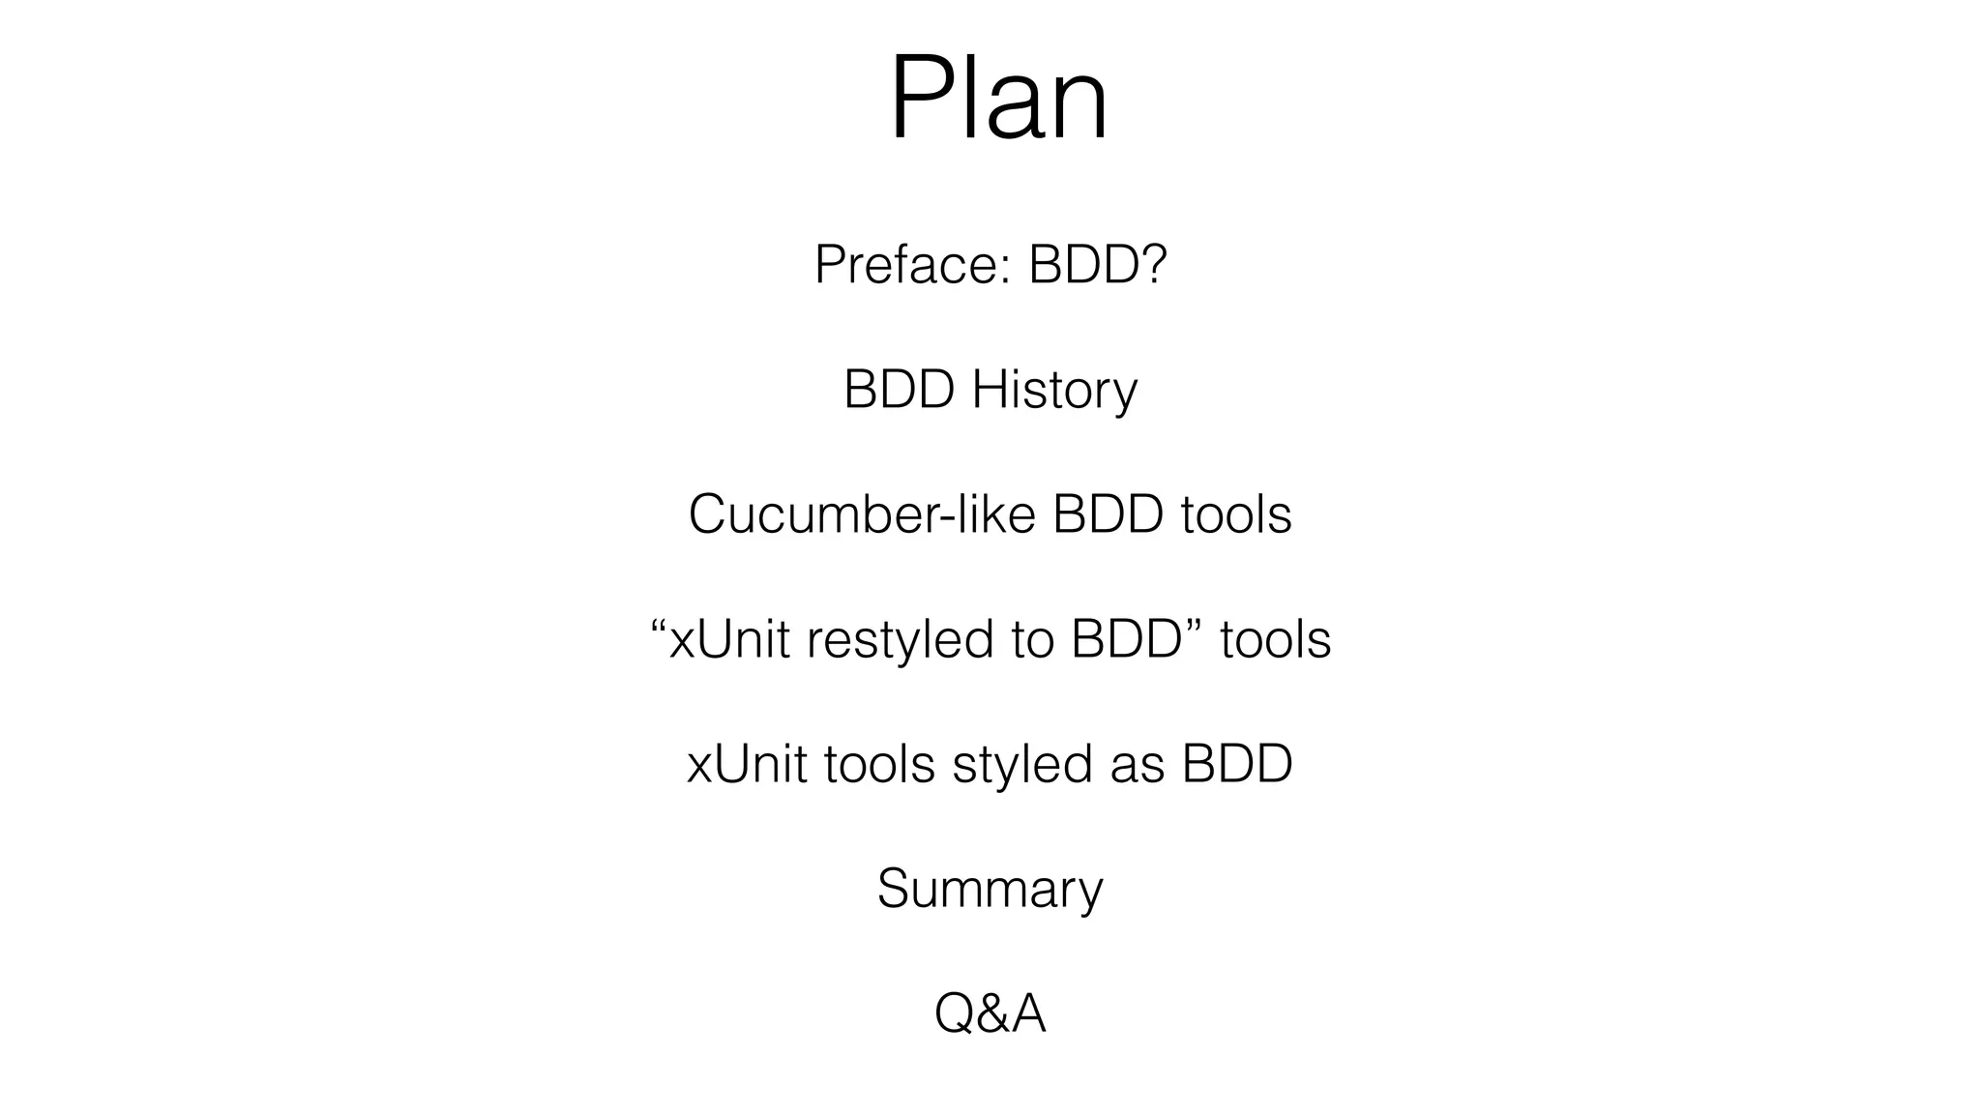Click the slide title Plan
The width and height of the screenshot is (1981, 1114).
coord(997,99)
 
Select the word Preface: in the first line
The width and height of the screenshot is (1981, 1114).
coord(912,264)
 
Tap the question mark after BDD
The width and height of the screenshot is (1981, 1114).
coord(1152,264)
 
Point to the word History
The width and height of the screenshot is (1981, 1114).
coord(1054,390)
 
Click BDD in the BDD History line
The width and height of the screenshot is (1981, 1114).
coord(899,390)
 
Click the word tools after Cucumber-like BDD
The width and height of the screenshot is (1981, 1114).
coord(1236,514)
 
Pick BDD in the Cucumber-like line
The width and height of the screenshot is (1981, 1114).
coord(1108,514)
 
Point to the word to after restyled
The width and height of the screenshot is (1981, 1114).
coord(1032,639)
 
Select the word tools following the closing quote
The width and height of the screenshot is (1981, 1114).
coord(1275,639)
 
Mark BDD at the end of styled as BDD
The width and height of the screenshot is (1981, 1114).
coord(1237,764)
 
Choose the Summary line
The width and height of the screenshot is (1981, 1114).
coord(990,890)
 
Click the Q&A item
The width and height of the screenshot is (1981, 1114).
coord(990,1014)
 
